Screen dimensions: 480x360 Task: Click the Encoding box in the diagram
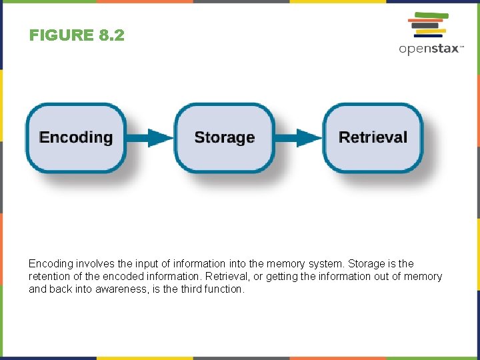pyautogui.click(x=75, y=138)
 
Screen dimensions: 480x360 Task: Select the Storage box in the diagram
pyautogui.click(x=224, y=138)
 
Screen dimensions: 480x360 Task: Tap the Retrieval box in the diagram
pyautogui.click(x=373, y=138)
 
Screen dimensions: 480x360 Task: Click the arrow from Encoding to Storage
pyautogui.click(x=149, y=138)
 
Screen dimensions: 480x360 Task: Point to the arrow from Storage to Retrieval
pyautogui.click(x=299, y=138)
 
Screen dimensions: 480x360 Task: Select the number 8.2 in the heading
pyautogui.click(x=111, y=35)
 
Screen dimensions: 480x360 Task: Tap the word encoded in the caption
pyautogui.click(x=118, y=277)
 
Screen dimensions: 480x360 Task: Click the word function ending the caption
pyautogui.click(x=221, y=289)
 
